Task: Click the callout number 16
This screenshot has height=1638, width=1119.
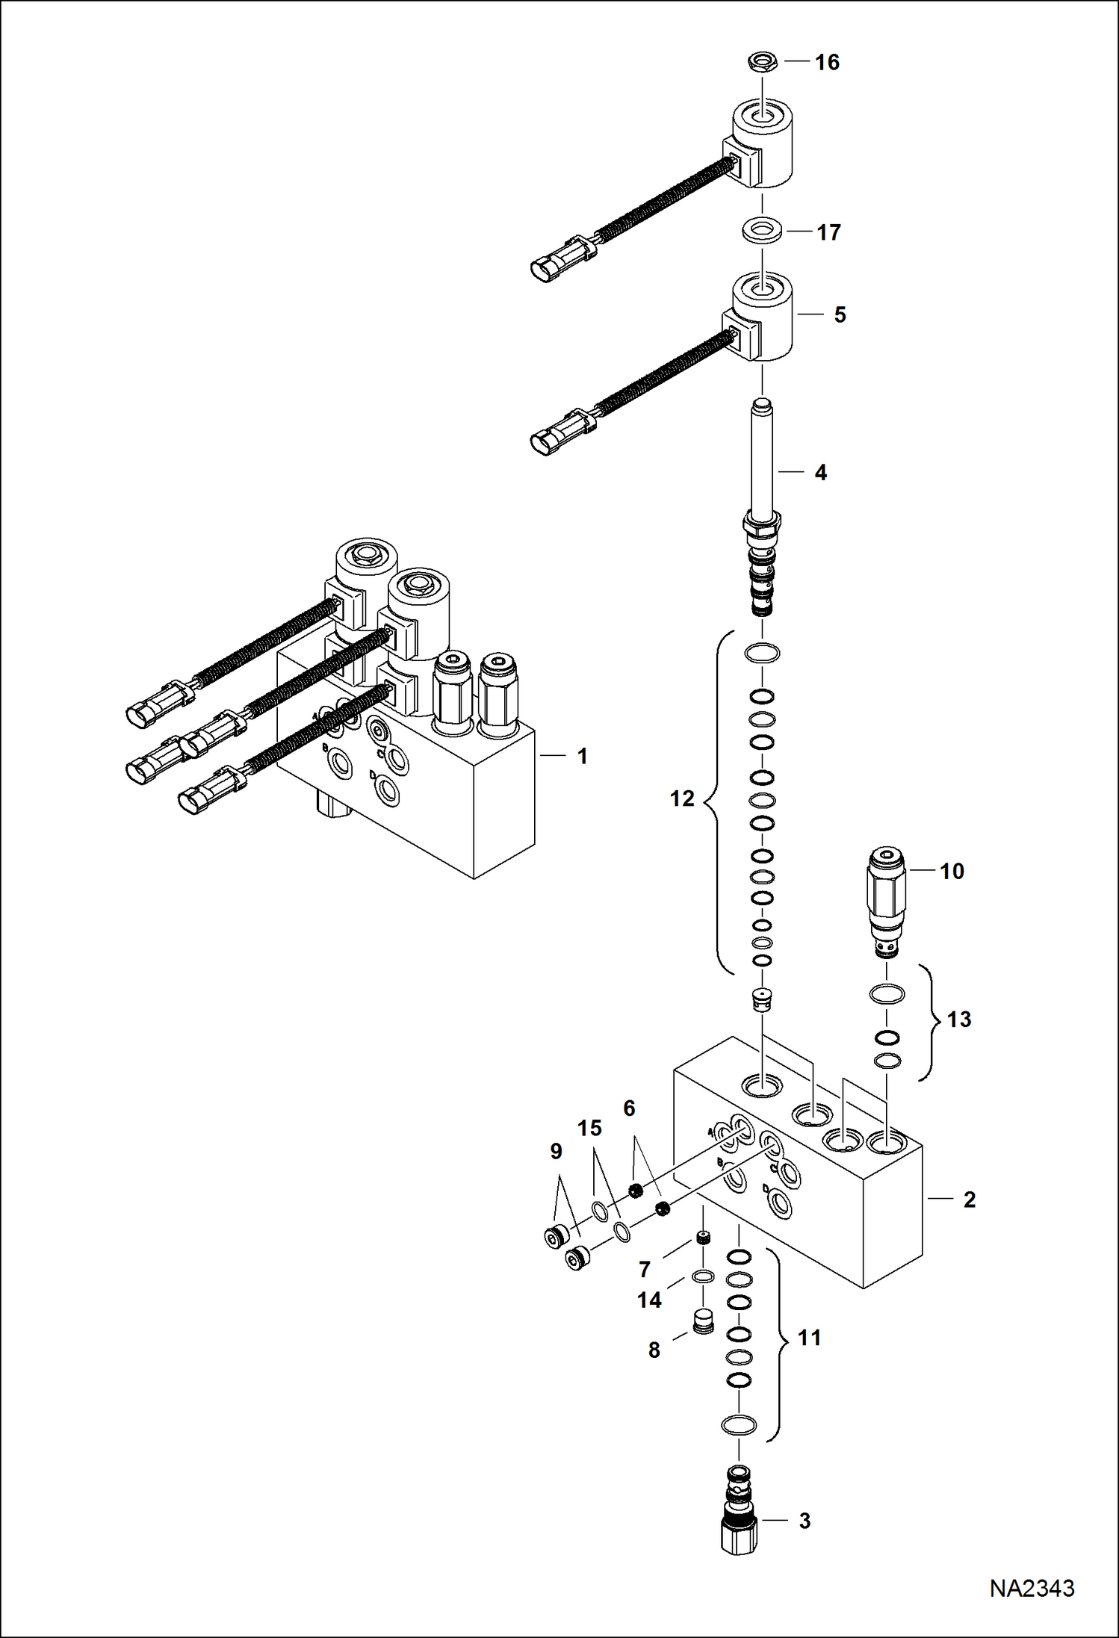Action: click(827, 62)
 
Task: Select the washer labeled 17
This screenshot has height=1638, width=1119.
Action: click(763, 231)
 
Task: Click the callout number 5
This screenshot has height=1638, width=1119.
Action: click(840, 315)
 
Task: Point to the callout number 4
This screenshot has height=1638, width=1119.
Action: click(820, 473)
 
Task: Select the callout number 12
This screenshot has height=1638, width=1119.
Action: click(682, 799)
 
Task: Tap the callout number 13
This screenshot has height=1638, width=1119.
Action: click(958, 1020)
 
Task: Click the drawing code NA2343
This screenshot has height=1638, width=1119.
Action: click(1032, 1588)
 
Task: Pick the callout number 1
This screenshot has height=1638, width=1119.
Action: click(583, 757)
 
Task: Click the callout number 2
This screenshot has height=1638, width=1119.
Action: click(969, 1200)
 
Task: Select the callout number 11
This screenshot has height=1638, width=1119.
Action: click(810, 1338)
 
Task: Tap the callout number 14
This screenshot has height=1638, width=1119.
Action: click(649, 1300)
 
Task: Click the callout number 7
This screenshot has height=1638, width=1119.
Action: click(645, 1269)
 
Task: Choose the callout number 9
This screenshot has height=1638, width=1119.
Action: click(556, 1152)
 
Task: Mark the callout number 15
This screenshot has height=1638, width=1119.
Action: click(589, 1129)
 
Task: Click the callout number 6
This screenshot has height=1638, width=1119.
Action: click(629, 1108)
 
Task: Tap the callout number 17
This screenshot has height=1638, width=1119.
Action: click(828, 233)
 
